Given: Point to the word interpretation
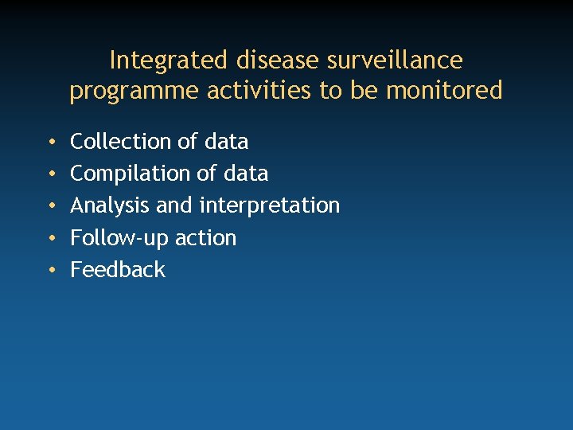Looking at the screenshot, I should click(x=269, y=205).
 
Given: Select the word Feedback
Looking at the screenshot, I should click(x=118, y=270).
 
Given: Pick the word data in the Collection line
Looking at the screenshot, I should click(x=226, y=142).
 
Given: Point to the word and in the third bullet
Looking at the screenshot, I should click(x=174, y=205).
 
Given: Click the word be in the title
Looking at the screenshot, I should click(x=365, y=91).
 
